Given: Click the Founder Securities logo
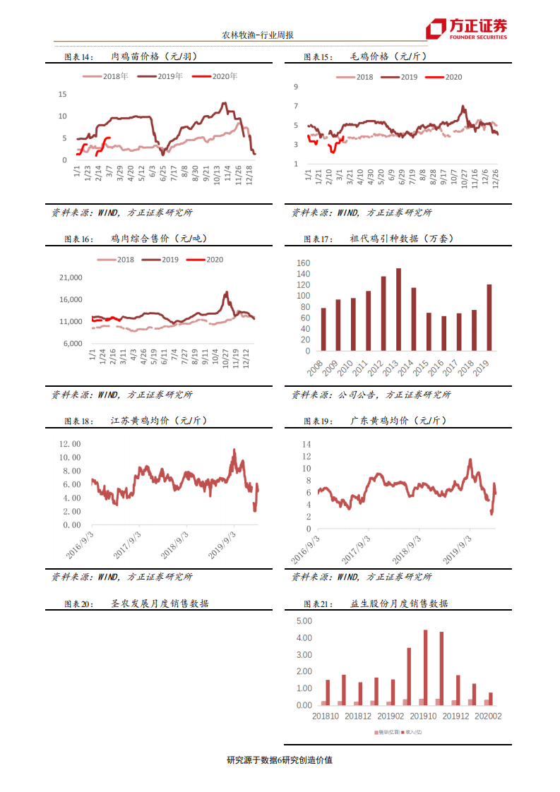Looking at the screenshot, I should (466, 28).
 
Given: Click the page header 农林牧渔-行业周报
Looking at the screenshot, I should (258, 35).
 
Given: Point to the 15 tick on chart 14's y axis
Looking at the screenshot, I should (62, 94).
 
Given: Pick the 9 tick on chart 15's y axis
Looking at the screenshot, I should (296, 87).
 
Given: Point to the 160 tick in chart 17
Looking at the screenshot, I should (304, 263).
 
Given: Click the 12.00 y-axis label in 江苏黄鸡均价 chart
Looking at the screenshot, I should (71, 444).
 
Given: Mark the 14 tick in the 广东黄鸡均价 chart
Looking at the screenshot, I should (306, 444).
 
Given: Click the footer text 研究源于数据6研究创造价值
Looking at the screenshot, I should (280, 760).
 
